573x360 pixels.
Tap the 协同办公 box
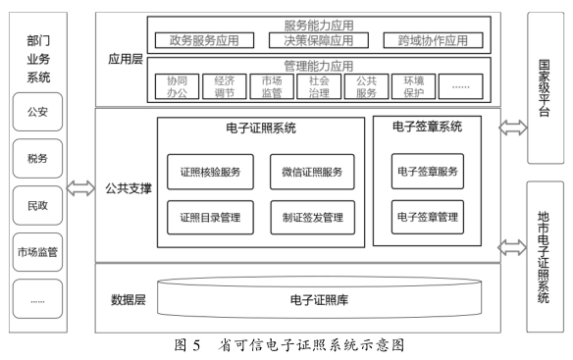tap(178, 86)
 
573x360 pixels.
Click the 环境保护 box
tap(412, 86)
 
